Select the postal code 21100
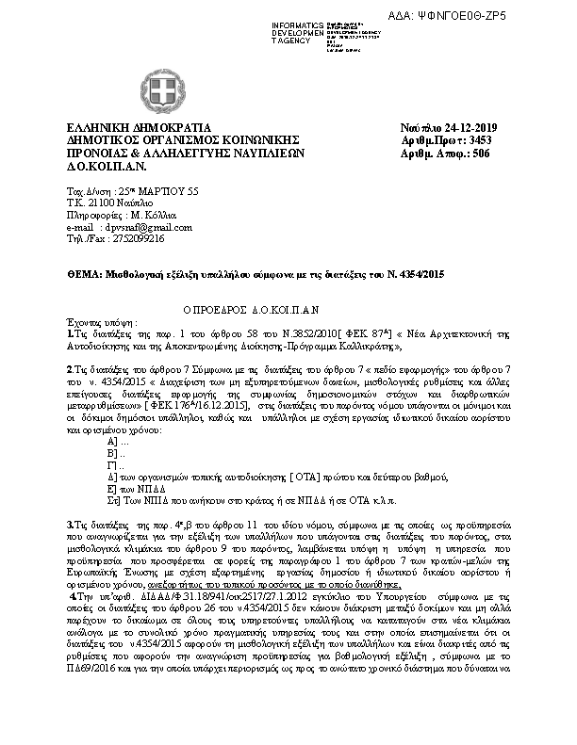[x=100, y=203]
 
